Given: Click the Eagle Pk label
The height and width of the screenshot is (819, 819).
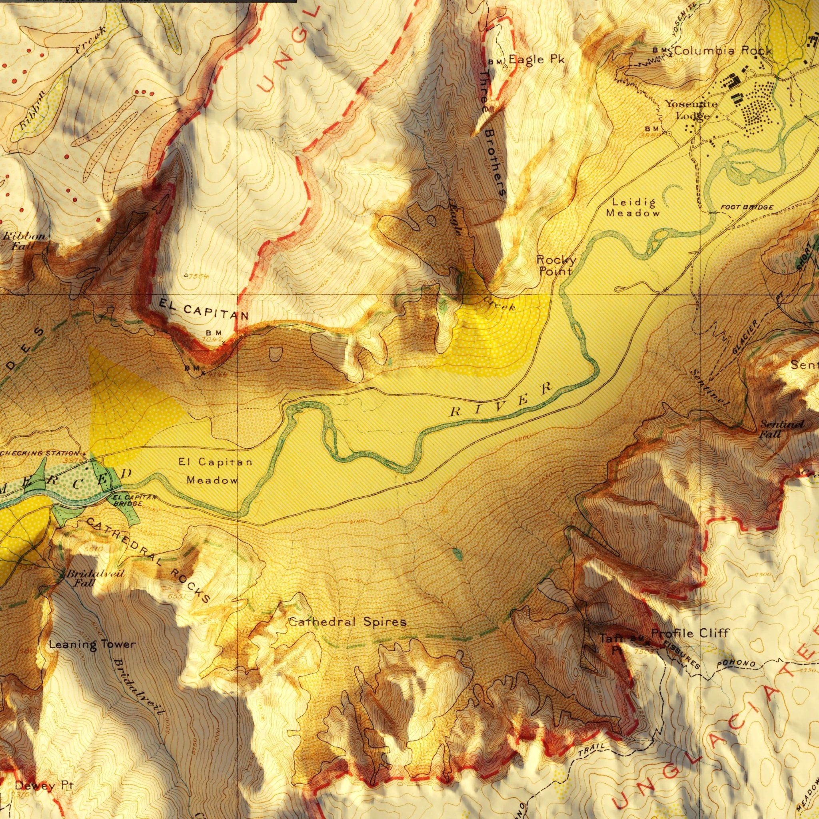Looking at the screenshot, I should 536,59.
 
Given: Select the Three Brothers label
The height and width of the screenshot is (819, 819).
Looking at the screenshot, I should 493,132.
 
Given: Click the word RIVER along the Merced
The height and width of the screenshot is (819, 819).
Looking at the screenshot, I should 501,400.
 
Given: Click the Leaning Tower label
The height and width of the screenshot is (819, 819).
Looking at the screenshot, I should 92,645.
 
